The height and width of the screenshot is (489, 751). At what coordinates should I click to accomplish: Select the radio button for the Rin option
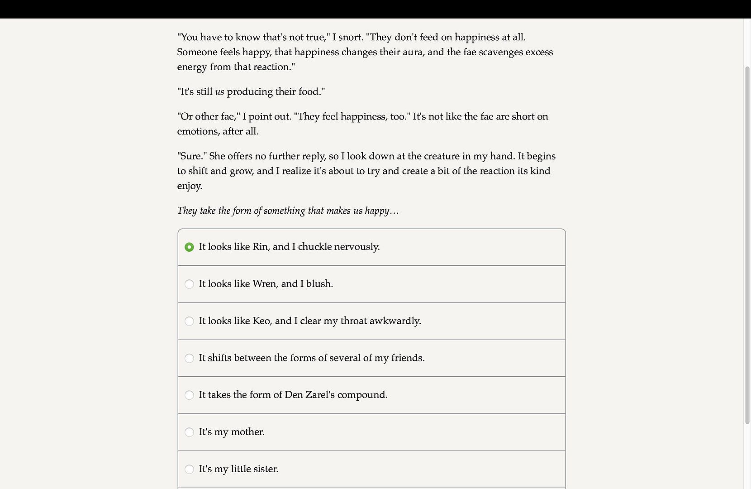189,247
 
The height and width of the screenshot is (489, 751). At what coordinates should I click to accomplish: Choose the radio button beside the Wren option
189,284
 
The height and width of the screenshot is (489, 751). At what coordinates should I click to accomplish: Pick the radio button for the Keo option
189,321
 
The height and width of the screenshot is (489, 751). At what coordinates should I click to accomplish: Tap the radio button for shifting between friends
189,358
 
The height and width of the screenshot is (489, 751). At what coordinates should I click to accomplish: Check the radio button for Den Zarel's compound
189,395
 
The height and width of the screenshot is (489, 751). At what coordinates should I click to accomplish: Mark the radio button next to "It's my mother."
189,432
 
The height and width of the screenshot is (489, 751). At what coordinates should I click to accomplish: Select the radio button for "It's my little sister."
189,469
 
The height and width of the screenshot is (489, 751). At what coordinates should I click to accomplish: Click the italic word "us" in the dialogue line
219,92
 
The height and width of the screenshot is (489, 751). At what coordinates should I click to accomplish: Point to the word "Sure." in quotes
192,156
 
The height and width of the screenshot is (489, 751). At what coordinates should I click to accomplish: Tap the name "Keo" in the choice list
261,321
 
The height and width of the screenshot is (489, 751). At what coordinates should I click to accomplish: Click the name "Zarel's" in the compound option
320,395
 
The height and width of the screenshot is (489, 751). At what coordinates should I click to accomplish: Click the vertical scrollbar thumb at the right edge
747,244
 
